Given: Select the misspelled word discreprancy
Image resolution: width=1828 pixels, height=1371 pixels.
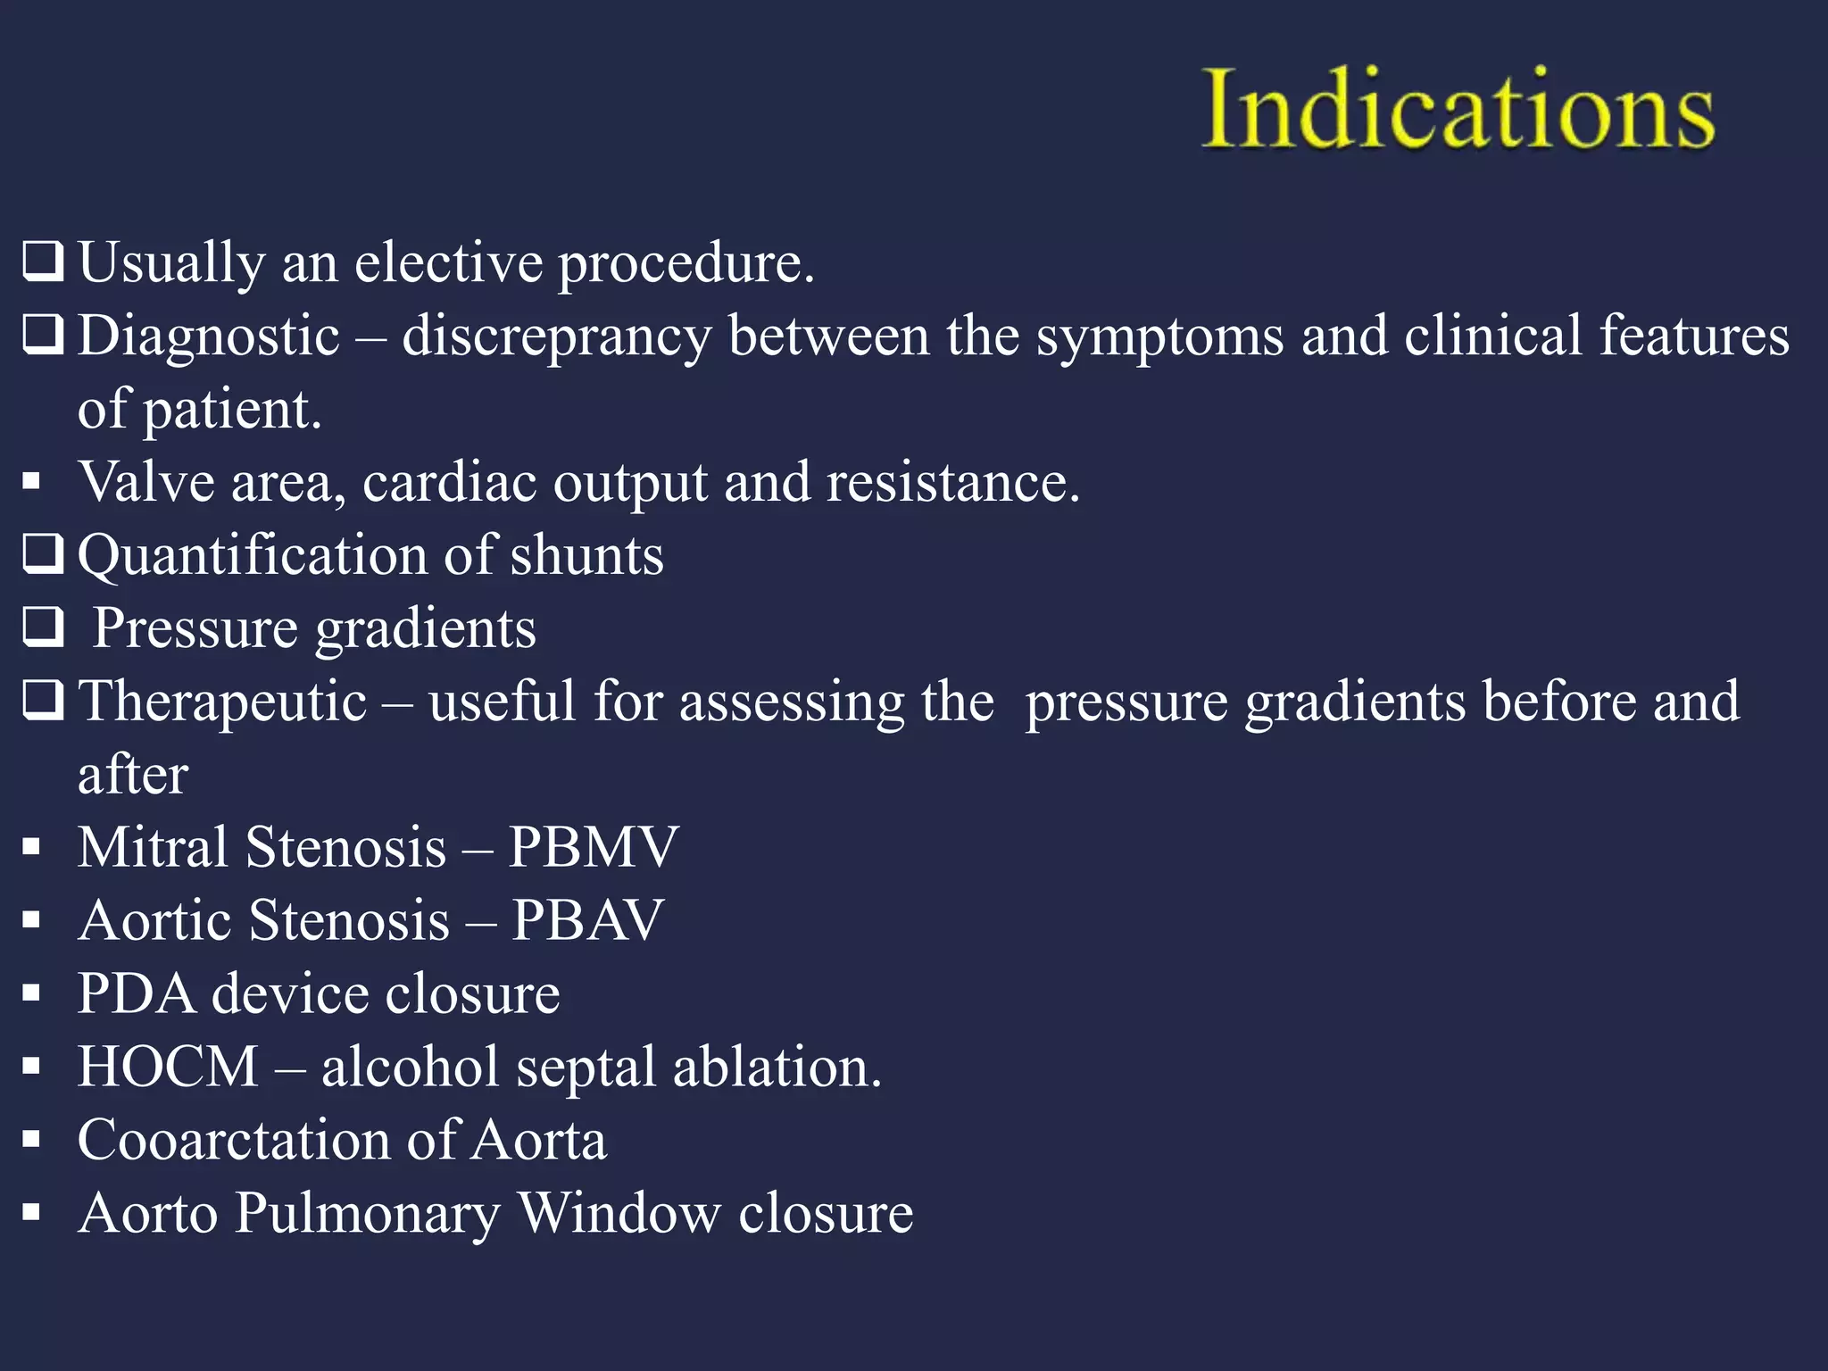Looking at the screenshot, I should (x=556, y=337).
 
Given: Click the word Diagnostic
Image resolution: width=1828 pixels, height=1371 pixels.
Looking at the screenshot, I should (x=209, y=337).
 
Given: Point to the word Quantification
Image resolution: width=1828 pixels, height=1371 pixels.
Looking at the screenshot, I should (x=253, y=555).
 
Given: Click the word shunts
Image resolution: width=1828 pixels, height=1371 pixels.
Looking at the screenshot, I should (x=586, y=555).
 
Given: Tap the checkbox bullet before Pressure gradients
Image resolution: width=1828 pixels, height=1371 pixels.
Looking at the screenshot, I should (x=43, y=627).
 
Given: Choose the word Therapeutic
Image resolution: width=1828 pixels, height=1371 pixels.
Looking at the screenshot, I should (x=222, y=702).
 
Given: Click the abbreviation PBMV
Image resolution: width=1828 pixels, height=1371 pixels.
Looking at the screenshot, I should (x=594, y=847).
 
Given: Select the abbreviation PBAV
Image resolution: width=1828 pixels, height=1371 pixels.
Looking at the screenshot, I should (x=587, y=920).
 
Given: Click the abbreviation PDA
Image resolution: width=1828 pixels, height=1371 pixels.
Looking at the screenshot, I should (x=137, y=993).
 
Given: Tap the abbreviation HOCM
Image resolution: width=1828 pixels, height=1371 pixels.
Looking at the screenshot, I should (x=168, y=1067).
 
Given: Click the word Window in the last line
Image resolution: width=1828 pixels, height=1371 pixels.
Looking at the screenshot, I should (x=619, y=1213).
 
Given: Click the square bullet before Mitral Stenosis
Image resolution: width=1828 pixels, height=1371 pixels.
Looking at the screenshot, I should (x=32, y=847).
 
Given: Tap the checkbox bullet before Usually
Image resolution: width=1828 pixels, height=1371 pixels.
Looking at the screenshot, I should (x=43, y=262).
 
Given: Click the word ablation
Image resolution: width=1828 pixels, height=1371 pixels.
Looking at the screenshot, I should (x=777, y=1067).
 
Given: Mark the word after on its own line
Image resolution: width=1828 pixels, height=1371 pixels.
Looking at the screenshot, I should (x=133, y=775).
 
